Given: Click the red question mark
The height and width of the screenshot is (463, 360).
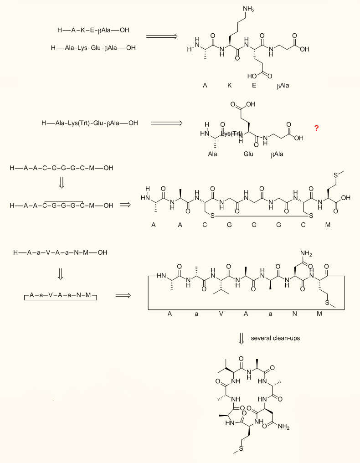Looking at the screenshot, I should [x=316, y=129].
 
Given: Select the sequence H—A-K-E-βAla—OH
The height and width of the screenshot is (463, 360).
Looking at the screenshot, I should [x=93, y=31].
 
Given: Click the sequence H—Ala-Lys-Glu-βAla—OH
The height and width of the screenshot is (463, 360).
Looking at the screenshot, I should [x=93, y=47].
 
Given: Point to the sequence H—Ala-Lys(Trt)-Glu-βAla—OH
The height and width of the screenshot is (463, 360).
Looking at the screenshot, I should [x=89, y=123].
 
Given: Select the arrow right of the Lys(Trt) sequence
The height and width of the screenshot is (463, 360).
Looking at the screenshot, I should [x=166, y=123].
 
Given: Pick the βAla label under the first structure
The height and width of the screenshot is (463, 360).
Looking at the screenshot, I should [x=283, y=85].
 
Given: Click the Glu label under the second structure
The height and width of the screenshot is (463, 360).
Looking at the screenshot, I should [x=248, y=154].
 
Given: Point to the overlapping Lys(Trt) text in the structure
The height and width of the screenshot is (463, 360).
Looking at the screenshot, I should [x=233, y=133].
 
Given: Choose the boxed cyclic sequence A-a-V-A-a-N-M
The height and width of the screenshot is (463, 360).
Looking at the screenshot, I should [x=61, y=296].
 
